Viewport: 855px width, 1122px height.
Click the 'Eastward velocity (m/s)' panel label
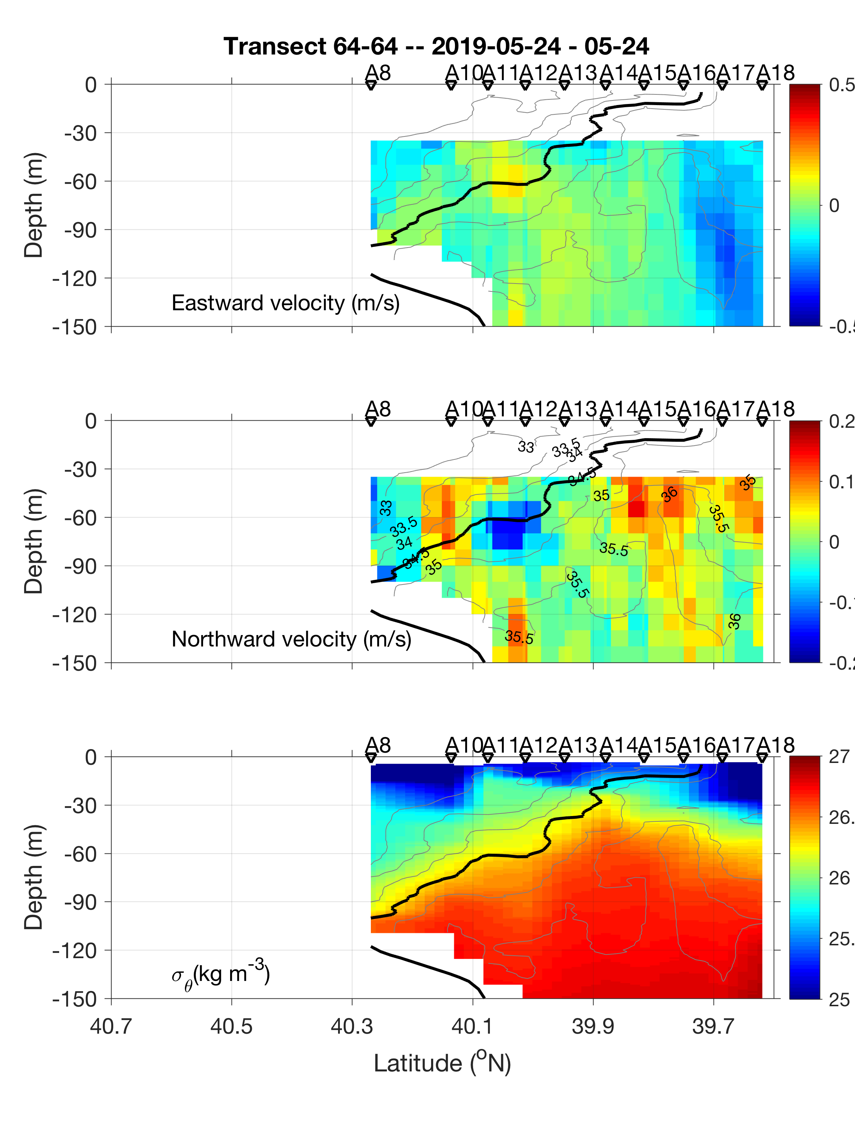click(285, 303)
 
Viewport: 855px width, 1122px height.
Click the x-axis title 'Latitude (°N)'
click(442, 1064)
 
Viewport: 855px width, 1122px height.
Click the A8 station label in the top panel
click(378, 73)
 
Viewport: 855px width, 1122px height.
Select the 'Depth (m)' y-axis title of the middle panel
click(33, 541)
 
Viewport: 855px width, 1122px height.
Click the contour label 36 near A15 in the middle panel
click(670, 494)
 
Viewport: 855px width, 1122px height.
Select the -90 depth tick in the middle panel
click(81, 566)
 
